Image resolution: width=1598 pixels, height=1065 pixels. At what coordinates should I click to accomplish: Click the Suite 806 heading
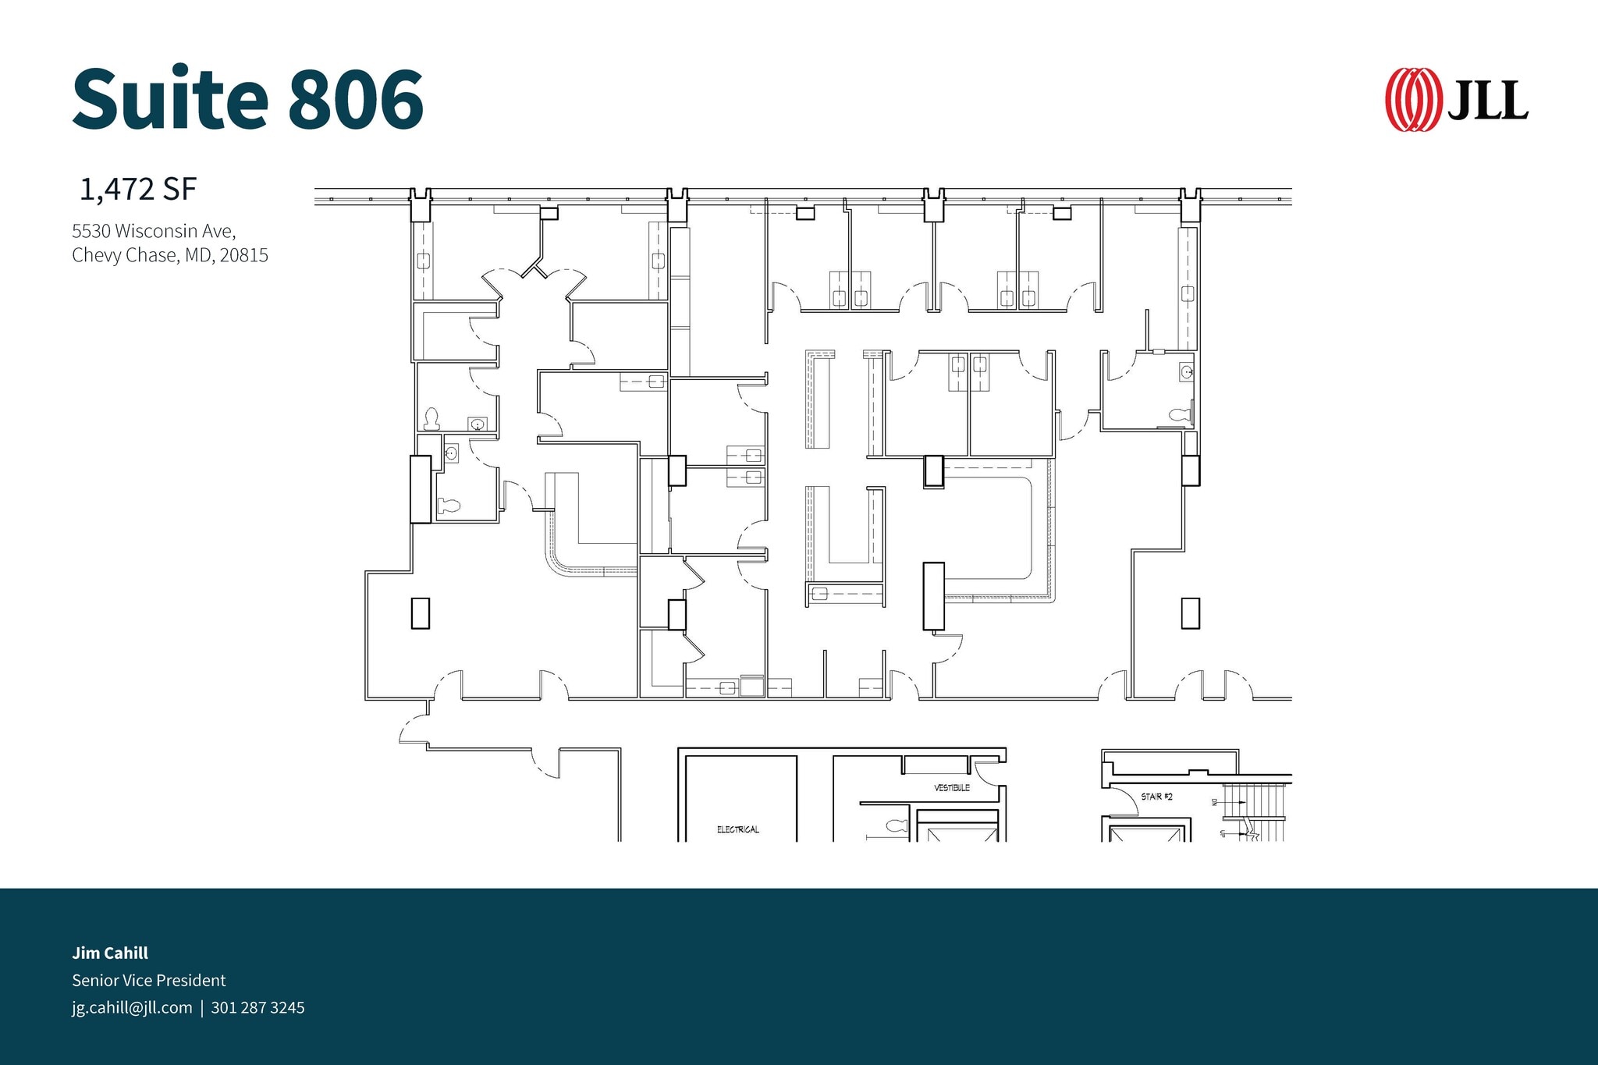[x=248, y=99]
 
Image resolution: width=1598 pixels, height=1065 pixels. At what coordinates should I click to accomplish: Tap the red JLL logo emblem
[x=1412, y=100]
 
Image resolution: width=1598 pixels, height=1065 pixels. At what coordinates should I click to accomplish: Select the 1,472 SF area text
[x=138, y=190]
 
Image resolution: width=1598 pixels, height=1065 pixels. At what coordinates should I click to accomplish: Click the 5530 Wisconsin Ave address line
[x=154, y=231]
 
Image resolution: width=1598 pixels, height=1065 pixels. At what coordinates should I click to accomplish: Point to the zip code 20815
[x=244, y=255]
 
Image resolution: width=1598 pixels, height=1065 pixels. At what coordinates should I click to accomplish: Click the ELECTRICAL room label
[x=737, y=829]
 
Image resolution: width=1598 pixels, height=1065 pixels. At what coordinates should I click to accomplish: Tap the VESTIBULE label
[x=951, y=788]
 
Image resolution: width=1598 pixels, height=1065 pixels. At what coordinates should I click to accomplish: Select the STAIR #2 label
[x=1156, y=797]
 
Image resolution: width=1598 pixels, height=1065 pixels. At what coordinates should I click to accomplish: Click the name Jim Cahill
[x=110, y=953]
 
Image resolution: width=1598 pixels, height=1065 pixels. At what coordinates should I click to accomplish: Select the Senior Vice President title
[x=149, y=980]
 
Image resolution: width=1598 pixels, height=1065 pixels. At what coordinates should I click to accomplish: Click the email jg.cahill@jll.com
[x=132, y=1007]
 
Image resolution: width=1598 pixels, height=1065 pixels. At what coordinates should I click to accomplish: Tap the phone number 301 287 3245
[x=257, y=1007]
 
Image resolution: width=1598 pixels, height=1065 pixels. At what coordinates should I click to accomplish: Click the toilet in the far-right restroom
[x=1181, y=414]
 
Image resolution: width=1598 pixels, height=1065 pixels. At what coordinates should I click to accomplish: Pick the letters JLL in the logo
[x=1488, y=101]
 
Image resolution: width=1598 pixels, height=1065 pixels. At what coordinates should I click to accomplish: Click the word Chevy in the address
[x=94, y=255]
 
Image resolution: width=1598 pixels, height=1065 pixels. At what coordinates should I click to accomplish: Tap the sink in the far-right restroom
[x=1186, y=372]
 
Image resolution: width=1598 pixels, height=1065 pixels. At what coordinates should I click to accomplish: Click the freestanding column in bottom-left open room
[x=420, y=612]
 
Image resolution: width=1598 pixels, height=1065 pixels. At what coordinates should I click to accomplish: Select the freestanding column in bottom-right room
[x=1189, y=612]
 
